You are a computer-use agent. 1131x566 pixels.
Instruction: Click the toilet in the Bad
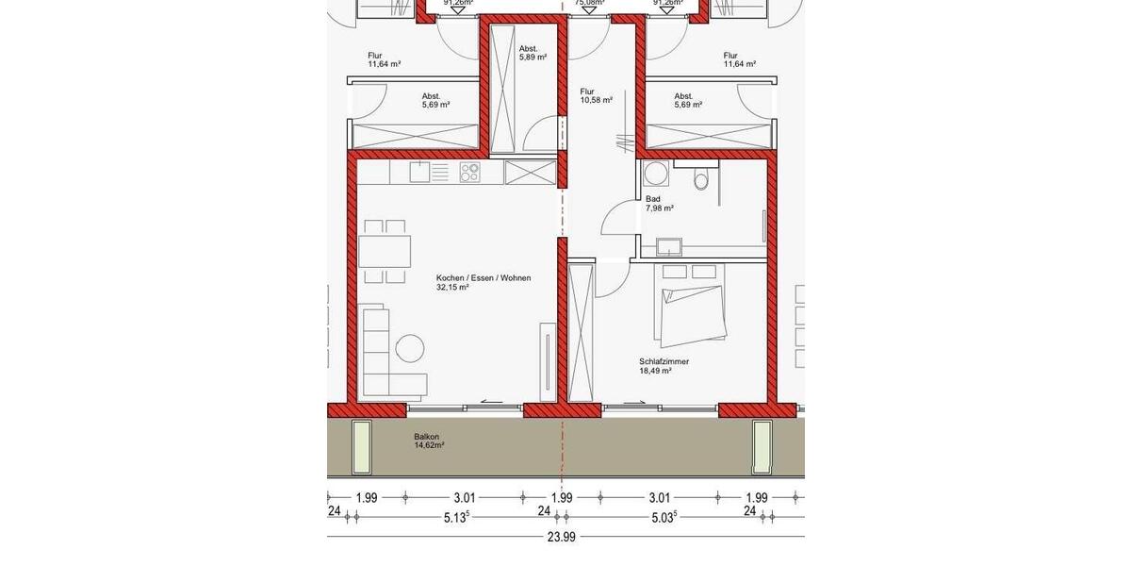tap(699, 178)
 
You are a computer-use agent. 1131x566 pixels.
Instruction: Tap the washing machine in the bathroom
tap(653, 175)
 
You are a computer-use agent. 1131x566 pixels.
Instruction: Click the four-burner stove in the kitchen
tap(469, 172)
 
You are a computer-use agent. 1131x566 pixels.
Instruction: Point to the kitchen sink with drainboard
tap(430, 172)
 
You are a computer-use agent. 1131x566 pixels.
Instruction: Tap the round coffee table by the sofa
tap(410, 348)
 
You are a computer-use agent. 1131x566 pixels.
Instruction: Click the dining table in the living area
tap(385, 251)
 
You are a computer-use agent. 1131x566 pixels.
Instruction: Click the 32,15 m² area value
tap(452, 287)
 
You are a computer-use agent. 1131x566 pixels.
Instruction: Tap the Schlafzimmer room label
tap(663, 361)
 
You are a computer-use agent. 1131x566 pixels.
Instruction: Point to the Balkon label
tap(426, 437)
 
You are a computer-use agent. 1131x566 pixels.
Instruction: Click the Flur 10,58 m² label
tap(596, 95)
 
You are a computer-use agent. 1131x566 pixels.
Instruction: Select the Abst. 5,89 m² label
tap(528, 53)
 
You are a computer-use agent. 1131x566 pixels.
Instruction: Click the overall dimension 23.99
tap(561, 538)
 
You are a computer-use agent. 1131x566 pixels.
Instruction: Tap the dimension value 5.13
tap(456, 516)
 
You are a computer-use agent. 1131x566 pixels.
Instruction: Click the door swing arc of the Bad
tap(615, 220)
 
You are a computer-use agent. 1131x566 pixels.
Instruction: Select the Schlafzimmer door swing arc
tap(612, 279)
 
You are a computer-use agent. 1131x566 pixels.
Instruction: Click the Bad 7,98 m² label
tap(659, 204)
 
